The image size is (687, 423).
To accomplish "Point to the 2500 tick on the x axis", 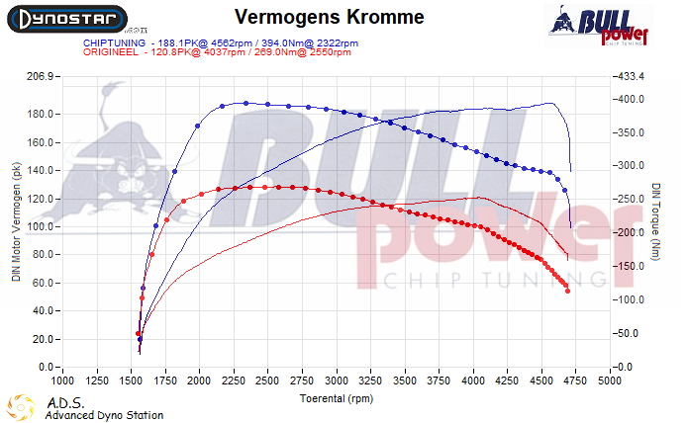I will click(x=267, y=380).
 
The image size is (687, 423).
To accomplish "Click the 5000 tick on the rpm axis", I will click(x=609, y=380).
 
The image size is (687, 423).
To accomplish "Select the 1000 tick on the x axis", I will click(x=62, y=380).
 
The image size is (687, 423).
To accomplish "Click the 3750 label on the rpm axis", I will click(x=439, y=380).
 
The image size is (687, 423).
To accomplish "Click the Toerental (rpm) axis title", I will click(x=335, y=399).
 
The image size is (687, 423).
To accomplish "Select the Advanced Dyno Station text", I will click(x=104, y=415).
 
